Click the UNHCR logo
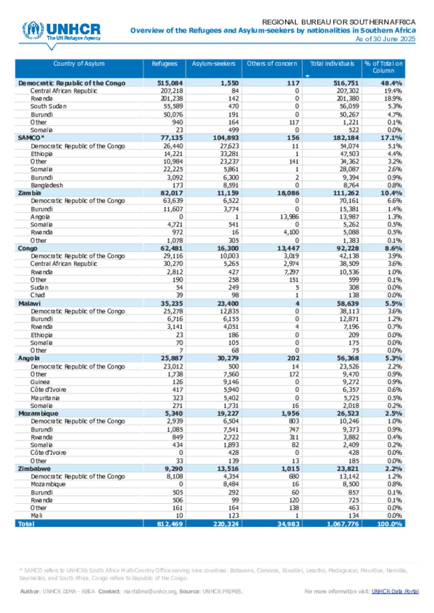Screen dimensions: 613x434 pos(61,31)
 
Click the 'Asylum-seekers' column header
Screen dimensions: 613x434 pos(214,64)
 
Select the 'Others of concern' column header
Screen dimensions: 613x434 pos(272,64)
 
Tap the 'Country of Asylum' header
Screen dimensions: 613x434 pos(79,64)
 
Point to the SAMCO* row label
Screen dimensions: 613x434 pos(31,138)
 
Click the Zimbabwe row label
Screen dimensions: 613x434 pos(34,469)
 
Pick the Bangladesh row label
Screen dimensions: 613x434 pos(47,185)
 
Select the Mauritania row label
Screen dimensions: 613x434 pos(45,398)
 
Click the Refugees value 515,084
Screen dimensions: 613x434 pos(170,83)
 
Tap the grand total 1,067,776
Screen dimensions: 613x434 pos(342,524)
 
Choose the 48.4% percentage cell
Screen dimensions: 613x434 pos(391,83)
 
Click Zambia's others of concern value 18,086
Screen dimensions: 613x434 pos(288,193)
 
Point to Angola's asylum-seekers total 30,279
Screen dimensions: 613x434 pos(228,358)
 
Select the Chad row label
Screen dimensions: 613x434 pos(37,295)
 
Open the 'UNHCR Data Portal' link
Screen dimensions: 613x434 pos(395,591)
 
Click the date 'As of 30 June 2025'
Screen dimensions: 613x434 pos(385,39)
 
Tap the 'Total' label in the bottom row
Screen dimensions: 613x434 pos(26,524)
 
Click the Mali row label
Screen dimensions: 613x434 pos(36,515)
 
